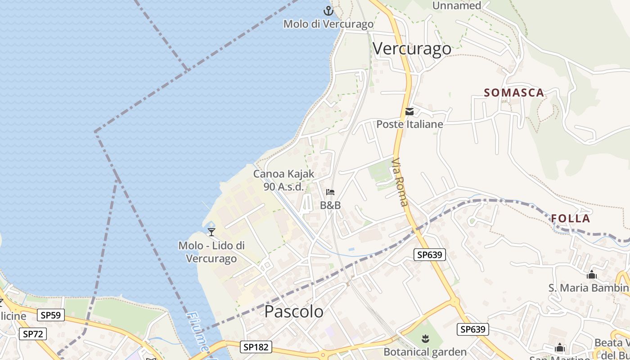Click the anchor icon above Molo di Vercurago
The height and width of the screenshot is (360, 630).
tap(329, 11)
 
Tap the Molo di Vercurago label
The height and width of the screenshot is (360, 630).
tap(328, 24)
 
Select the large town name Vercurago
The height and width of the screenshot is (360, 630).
tap(412, 49)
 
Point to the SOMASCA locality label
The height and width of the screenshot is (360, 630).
tap(514, 93)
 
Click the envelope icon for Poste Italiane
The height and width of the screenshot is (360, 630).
tap(409, 112)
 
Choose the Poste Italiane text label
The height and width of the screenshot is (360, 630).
tap(409, 124)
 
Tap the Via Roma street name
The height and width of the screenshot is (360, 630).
tap(400, 182)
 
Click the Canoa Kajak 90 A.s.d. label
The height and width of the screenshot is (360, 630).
tap(283, 180)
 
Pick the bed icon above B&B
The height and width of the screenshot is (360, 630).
tap(330, 193)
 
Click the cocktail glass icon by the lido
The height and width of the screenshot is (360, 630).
tap(211, 232)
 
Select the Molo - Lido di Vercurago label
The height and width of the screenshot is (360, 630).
tap(211, 252)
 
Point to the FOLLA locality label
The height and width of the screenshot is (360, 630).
tap(571, 219)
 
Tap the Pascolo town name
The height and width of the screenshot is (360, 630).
tap(293, 311)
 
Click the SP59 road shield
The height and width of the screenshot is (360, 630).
tap(50, 315)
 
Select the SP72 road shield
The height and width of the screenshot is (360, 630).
tap(33, 334)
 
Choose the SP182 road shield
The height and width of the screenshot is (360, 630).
tap(256, 347)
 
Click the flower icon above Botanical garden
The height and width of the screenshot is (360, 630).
tap(424, 337)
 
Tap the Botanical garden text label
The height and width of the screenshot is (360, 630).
tap(425, 351)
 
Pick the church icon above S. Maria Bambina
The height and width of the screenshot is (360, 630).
tap(591, 274)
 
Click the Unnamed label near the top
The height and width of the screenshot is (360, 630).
tap(456, 5)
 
